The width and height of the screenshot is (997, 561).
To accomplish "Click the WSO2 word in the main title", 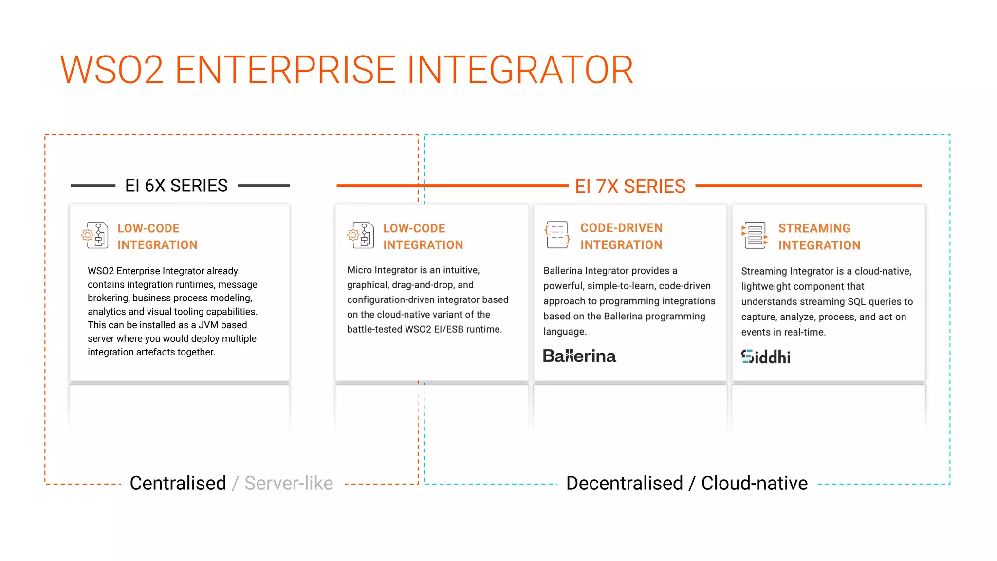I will click(x=112, y=70).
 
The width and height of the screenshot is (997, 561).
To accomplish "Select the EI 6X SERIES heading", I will click(x=176, y=186).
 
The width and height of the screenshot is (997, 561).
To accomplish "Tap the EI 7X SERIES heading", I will click(x=630, y=186).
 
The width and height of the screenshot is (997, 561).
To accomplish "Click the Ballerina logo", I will click(x=579, y=356).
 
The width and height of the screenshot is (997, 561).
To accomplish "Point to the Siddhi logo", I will click(x=766, y=357).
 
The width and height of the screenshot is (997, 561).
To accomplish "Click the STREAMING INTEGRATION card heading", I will click(x=819, y=237).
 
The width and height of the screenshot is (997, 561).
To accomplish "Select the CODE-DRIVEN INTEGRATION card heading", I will click(x=621, y=236).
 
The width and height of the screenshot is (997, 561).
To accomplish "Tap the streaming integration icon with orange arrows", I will click(x=754, y=235).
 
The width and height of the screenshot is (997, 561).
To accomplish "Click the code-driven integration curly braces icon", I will click(x=557, y=235).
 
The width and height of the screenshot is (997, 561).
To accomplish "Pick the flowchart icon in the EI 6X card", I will click(x=95, y=235).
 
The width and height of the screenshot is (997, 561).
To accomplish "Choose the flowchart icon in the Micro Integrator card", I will click(x=361, y=235).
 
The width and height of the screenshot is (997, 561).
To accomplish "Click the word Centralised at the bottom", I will click(x=178, y=483).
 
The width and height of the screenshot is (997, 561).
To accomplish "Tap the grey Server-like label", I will click(x=289, y=483).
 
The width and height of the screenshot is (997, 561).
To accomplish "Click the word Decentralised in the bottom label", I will click(x=625, y=483).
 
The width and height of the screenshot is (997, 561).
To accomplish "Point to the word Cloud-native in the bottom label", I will click(x=754, y=483).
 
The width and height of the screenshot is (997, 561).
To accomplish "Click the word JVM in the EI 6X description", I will click(x=208, y=325).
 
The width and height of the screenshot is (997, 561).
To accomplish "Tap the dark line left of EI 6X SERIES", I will click(x=92, y=186).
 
